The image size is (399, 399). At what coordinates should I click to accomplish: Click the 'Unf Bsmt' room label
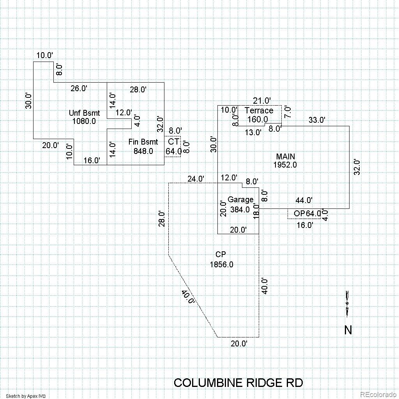(x=84, y=113)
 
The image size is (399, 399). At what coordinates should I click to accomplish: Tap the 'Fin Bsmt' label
(x=143, y=142)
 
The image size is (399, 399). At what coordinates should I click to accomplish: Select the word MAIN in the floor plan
(x=285, y=157)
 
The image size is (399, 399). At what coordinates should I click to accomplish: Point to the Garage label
(x=240, y=200)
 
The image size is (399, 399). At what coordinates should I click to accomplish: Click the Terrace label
(x=259, y=111)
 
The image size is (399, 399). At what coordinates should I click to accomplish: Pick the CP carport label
(x=221, y=254)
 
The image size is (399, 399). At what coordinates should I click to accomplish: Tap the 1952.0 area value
(x=285, y=165)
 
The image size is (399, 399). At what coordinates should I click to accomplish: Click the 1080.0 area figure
(x=84, y=121)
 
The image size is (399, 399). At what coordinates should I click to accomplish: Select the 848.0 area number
(x=143, y=151)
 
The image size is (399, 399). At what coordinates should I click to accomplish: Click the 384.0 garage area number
(x=240, y=210)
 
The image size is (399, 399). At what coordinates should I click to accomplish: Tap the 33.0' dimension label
(x=316, y=120)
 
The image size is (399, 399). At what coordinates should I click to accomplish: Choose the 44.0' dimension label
(x=304, y=201)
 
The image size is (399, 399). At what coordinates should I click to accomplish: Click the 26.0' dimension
(x=79, y=88)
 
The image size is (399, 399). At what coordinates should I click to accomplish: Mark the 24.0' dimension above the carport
(x=196, y=179)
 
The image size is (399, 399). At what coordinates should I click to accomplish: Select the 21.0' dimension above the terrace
(x=262, y=101)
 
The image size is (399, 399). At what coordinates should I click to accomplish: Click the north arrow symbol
(x=347, y=304)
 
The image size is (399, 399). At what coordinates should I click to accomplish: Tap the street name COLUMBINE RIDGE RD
(x=238, y=383)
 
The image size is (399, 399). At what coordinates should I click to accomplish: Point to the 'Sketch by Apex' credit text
(x=26, y=396)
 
